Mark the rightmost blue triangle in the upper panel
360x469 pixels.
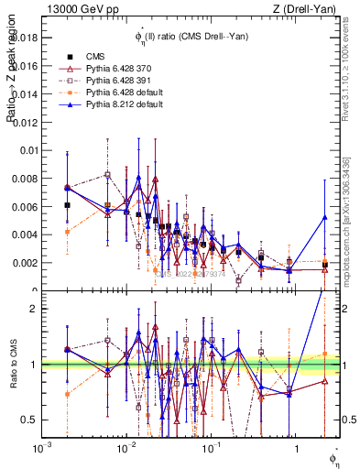pos(324,217)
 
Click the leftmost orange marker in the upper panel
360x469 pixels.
pos(67,232)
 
